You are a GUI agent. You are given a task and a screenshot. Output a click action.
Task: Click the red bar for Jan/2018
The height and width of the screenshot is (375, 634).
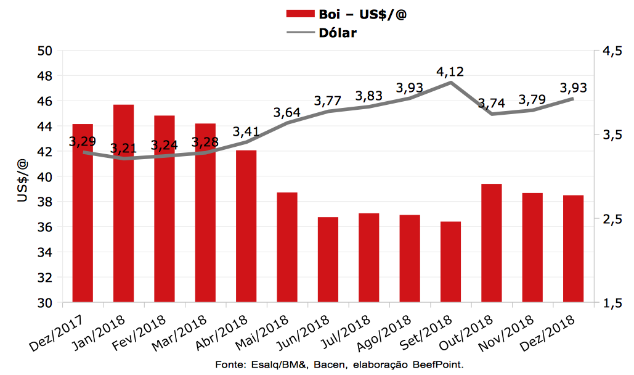point(124,204)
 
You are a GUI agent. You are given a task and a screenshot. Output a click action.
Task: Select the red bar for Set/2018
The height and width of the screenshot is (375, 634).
point(451,262)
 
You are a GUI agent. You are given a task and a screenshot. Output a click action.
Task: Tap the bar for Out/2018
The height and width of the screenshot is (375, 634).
point(492,243)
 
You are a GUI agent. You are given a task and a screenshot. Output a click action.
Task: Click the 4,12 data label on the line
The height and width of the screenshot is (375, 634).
point(450,71)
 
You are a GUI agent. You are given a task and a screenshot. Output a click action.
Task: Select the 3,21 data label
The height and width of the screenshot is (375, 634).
point(124,149)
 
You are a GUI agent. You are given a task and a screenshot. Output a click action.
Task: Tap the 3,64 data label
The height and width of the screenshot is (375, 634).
point(287,112)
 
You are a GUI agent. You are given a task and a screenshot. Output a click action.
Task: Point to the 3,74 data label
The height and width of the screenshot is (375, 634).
point(491,102)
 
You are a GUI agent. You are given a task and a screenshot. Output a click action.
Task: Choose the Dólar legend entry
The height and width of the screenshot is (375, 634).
point(338,33)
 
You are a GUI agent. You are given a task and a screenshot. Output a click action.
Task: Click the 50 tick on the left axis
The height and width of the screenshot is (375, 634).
point(46,51)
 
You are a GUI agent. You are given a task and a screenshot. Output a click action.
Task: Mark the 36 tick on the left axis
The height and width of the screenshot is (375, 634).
point(46,227)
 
